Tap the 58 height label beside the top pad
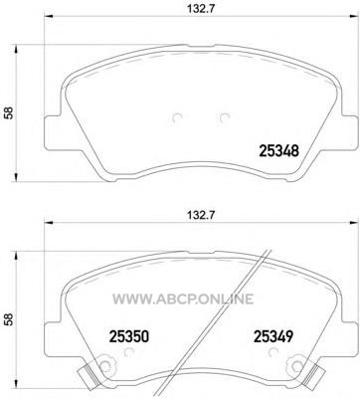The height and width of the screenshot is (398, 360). (x=9, y=112)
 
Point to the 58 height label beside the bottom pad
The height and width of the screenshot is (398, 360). (x=9, y=319)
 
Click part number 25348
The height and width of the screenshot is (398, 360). (x=278, y=151)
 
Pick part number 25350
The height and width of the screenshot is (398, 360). (x=129, y=337)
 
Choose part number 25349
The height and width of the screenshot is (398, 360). (x=273, y=337)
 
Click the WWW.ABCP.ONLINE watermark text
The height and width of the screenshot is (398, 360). (x=183, y=298)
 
